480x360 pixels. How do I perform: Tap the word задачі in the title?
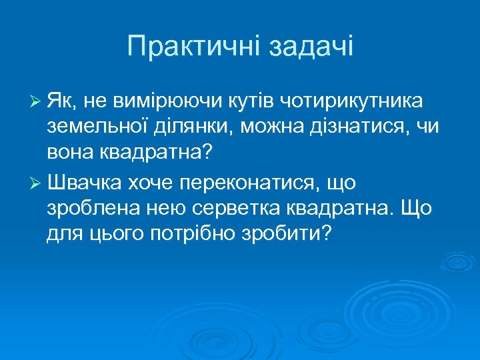[311, 47]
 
